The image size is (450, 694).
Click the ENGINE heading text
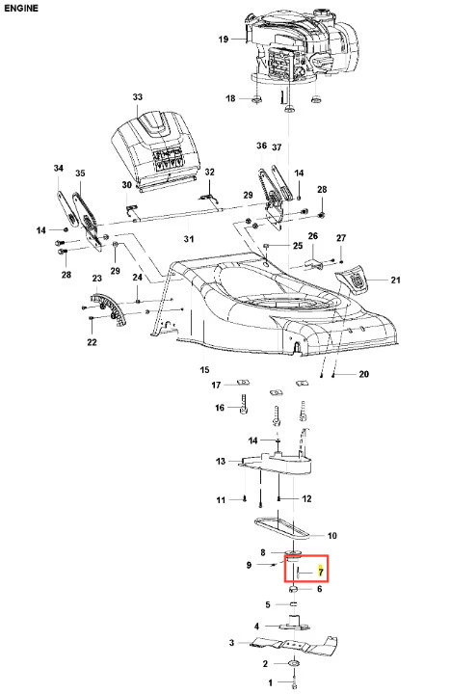point(21,8)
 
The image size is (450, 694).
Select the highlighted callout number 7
point(321,573)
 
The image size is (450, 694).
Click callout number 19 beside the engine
point(224,40)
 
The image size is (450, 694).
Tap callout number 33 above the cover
point(138,97)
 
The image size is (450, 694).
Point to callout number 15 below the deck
point(204,369)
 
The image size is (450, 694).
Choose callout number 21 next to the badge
point(396,280)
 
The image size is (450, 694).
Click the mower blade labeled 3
point(293,644)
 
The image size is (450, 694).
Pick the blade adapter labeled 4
point(294,624)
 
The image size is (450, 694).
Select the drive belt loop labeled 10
point(281,528)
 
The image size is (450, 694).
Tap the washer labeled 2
point(293,663)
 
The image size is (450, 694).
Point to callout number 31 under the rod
point(189,239)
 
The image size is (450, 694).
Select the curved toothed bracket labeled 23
point(110,308)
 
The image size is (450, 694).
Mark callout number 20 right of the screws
point(363,374)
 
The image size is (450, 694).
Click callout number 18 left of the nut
point(230,98)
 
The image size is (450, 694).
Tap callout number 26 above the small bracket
point(313,236)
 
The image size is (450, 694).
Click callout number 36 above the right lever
point(262,146)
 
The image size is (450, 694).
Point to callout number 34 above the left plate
point(59,168)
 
